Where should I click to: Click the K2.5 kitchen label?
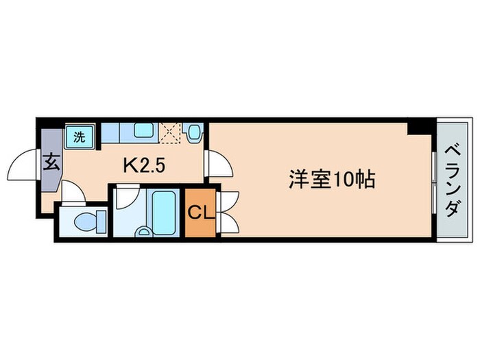click(144, 165)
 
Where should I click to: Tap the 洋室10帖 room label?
click(331, 180)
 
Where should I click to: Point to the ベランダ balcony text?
click(451, 180)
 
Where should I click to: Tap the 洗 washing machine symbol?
click(79, 136)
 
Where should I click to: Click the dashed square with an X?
click(171, 131)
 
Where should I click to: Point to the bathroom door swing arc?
click(126, 199)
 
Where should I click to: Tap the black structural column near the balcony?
click(417, 128)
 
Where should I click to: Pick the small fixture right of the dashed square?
click(195, 131)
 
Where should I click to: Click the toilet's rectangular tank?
click(100, 221)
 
